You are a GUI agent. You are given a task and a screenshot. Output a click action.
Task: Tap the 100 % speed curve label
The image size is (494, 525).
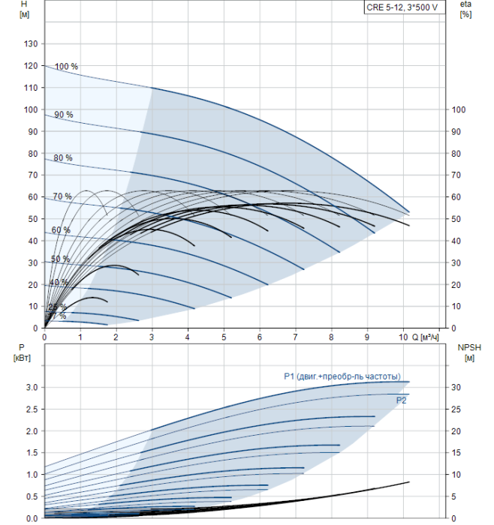[66, 67]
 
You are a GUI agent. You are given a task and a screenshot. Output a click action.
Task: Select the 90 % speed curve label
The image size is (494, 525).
[64, 115]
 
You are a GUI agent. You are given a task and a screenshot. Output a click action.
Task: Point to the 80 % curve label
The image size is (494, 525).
[63, 158]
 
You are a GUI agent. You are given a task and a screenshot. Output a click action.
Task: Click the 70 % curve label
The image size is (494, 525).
[62, 196]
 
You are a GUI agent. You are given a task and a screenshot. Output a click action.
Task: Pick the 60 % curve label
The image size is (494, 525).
[61, 229]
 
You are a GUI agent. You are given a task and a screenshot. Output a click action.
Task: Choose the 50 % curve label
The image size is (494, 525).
[60, 259]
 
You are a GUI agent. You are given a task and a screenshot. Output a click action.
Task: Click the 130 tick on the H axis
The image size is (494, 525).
[31, 44]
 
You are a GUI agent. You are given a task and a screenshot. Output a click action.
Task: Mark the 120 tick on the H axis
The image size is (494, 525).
[31, 66]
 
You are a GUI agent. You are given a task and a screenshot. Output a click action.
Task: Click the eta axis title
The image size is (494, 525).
[465, 10]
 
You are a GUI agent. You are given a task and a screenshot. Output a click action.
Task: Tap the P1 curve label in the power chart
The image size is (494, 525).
[342, 376]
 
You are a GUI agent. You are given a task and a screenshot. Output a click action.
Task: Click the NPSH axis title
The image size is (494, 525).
[468, 352]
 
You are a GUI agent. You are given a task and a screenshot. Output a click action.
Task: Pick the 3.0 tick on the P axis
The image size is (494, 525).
[31, 387]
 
